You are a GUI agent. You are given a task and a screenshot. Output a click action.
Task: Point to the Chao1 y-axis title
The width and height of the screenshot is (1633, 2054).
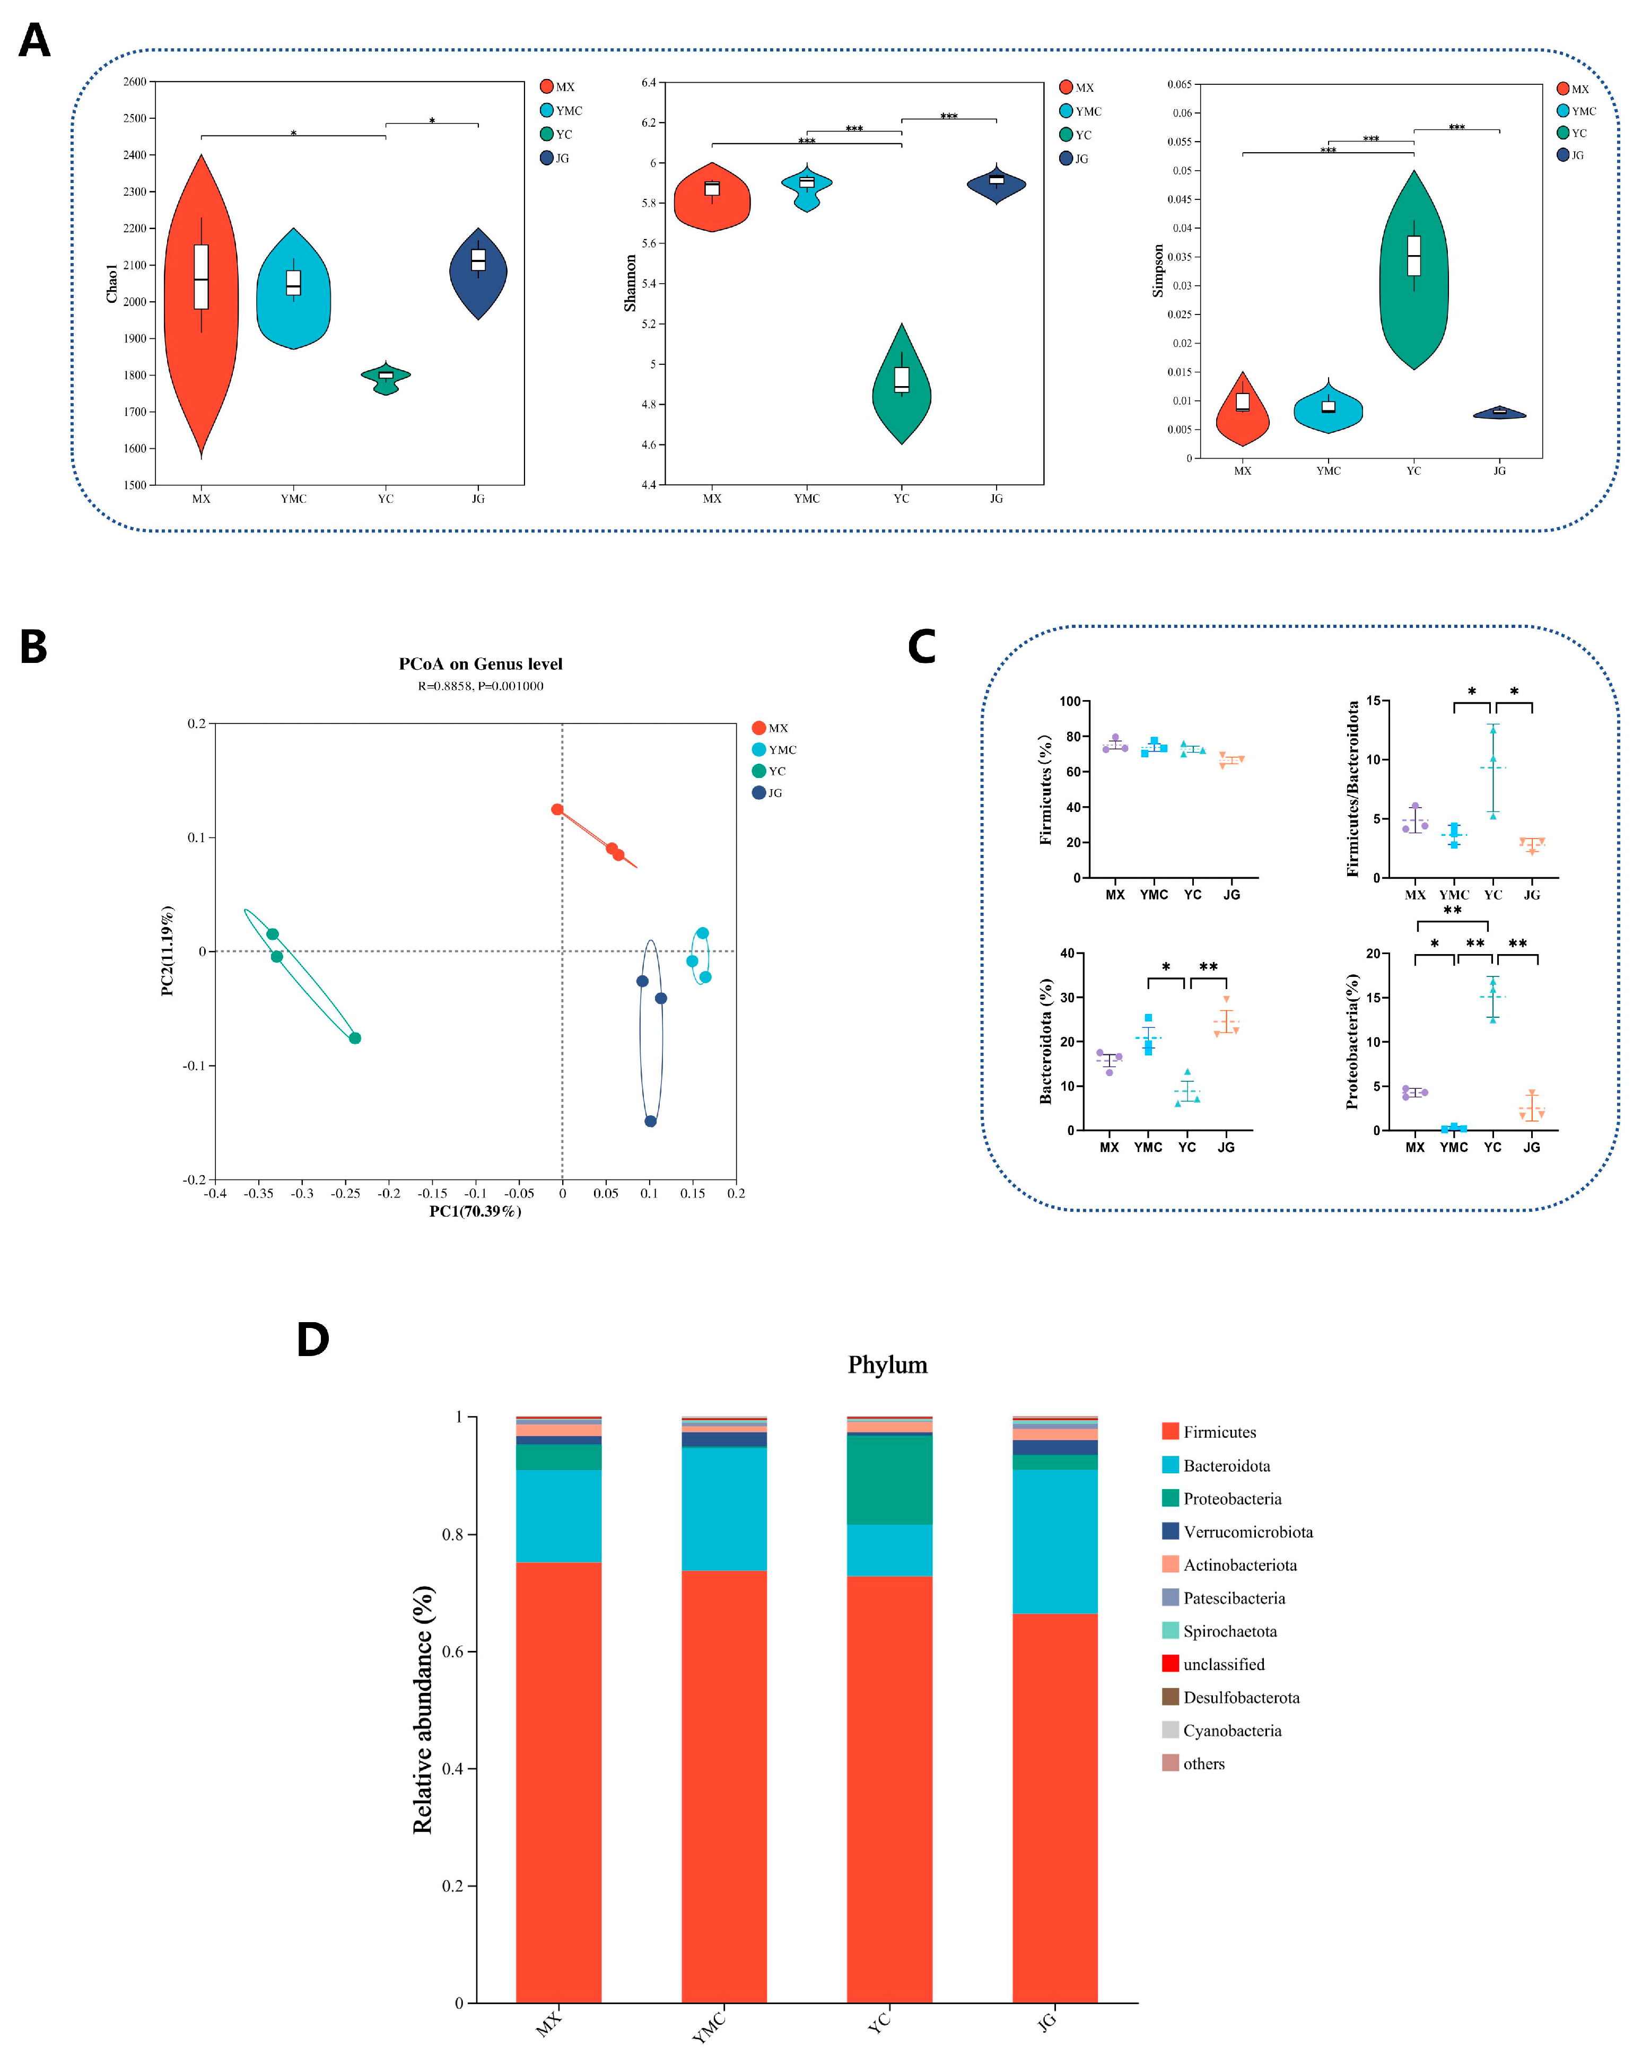tap(111, 283)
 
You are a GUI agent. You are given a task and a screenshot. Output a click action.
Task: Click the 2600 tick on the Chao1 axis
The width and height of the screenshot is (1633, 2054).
tap(134, 82)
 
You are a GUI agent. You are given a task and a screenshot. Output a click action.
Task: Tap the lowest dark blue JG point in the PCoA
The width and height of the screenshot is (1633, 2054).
tap(651, 1121)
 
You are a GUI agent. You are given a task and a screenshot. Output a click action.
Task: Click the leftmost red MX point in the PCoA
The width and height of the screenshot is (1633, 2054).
tap(557, 810)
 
